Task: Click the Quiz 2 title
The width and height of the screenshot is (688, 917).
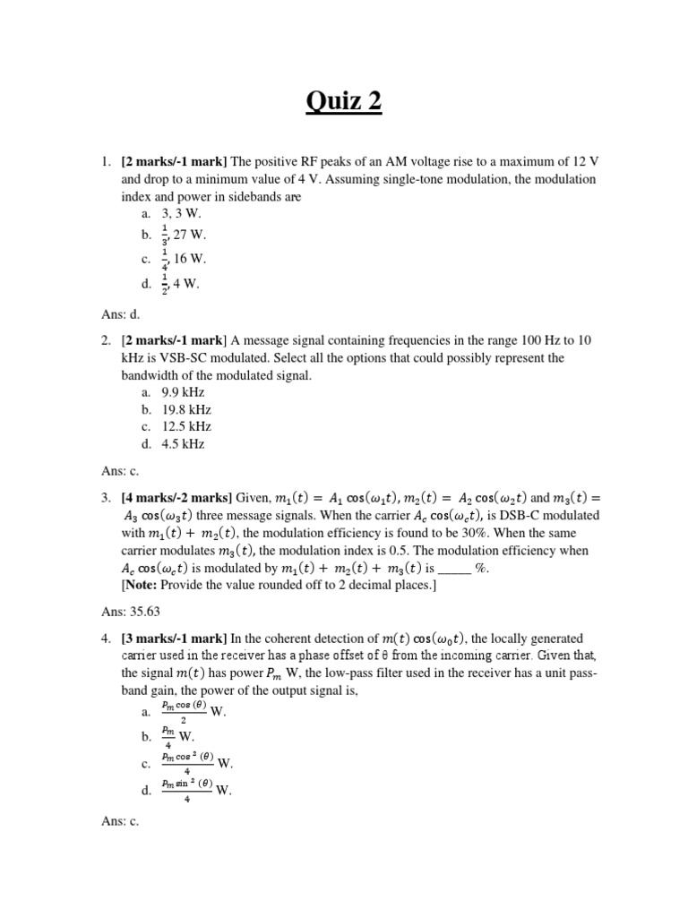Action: (x=344, y=102)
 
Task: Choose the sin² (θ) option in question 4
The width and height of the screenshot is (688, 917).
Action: (x=197, y=789)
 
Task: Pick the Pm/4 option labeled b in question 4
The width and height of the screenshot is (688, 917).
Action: (x=178, y=736)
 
